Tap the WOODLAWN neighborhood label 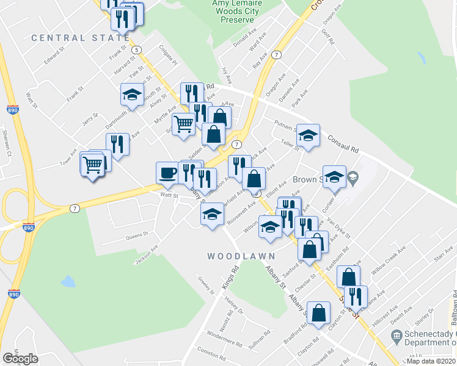click(241, 256)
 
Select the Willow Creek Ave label click(390, 259)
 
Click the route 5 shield click(136, 49)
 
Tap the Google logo click(20, 359)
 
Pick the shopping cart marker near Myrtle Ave click(183, 124)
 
